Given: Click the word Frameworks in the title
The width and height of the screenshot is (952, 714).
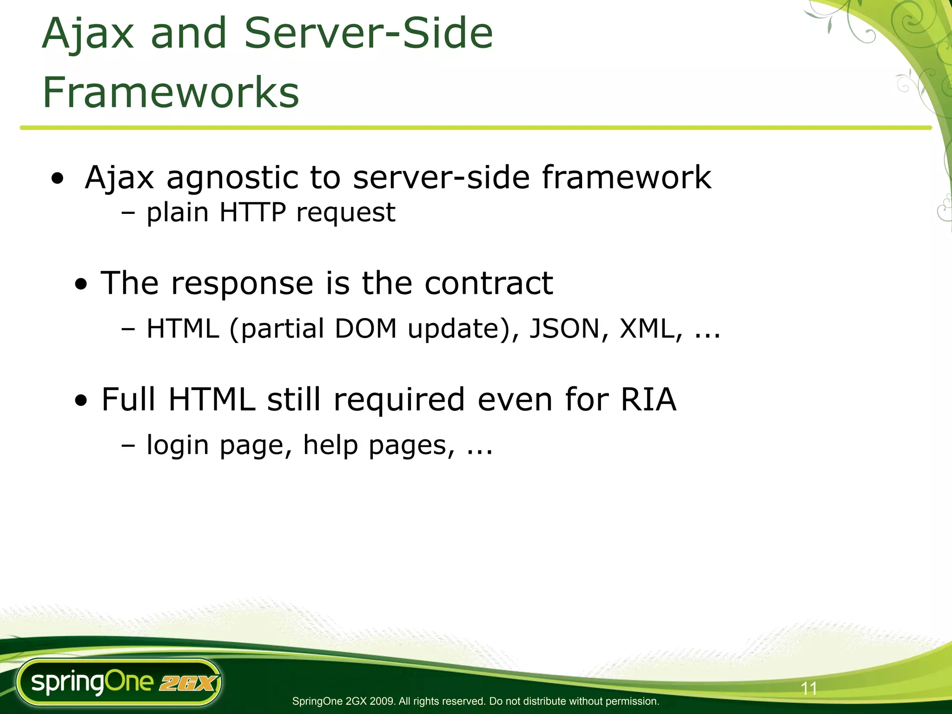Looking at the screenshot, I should tap(171, 93).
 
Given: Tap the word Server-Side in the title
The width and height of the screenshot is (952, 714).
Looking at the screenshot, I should tap(368, 33).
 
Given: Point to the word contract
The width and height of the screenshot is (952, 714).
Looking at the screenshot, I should tap(489, 283).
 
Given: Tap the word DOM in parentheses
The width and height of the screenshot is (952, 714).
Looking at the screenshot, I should tap(366, 329).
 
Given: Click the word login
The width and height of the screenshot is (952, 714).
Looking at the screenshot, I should tap(178, 446).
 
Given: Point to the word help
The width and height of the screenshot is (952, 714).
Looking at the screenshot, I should tap(331, 445).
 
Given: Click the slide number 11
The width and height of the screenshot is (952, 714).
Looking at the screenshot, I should tap(809, 688).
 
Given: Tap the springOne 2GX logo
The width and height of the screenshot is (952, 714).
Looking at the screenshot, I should tap(119, 682).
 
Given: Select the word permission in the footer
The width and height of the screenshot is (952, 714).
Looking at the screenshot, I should tap(633, 701).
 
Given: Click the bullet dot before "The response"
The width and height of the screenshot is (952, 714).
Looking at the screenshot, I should tap(81, 284).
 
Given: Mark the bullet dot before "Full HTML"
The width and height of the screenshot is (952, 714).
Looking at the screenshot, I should tap(81, 400).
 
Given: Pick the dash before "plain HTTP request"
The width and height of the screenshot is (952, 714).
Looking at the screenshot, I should tap(128, 213).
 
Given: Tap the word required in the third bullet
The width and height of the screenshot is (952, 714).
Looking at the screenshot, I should tap(399, 400).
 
